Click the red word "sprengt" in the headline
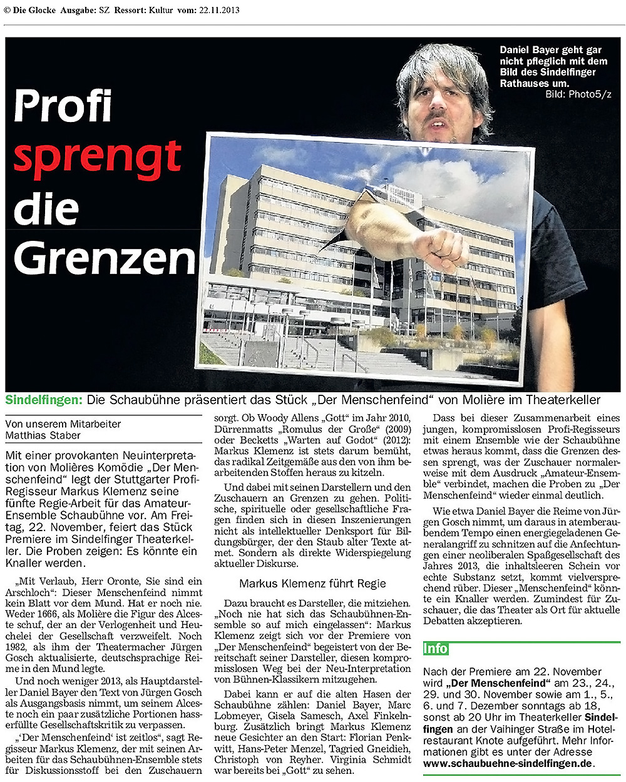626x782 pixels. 97,158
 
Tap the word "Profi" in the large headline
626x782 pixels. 63,106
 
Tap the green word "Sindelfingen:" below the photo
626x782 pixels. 44,400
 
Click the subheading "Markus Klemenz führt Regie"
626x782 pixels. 312,584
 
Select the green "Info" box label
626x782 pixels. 436,648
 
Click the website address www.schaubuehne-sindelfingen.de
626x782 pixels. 507,763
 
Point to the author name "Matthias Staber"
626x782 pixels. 43,435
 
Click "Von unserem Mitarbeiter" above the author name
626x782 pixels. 63,424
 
